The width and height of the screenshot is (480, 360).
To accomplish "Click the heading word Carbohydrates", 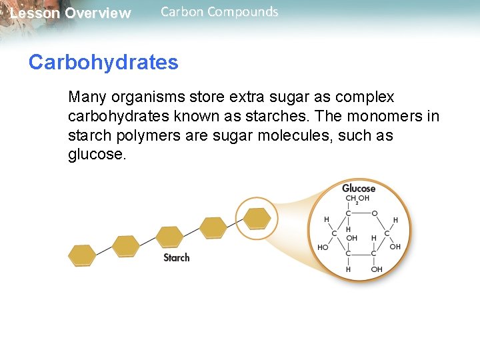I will tap(103, 63).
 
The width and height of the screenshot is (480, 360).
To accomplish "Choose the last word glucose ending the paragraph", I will tap(97, 155).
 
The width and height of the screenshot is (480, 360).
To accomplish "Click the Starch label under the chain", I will tap(177, 257).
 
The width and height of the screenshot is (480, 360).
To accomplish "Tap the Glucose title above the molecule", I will tap(359, 188).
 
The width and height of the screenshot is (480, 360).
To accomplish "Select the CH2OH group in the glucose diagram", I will tap(357, 199).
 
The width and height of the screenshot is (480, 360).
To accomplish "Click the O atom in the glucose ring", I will tap(374, 213).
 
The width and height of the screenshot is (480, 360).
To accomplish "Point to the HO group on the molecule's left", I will tap(323, 247).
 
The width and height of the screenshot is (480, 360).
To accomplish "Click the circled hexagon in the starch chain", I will tap(257, 218).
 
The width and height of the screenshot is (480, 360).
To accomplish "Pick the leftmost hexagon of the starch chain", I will tap(83, 255).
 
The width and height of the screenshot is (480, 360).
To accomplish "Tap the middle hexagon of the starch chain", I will tap(169, 237).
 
